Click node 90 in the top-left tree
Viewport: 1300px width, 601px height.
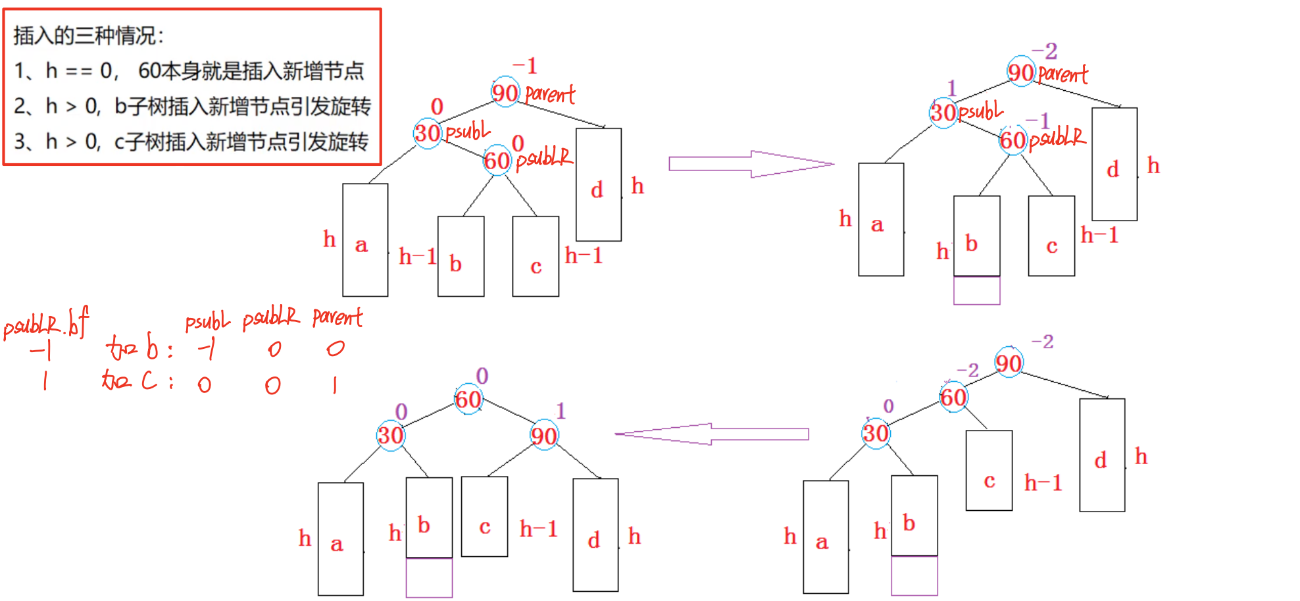click(505, 92)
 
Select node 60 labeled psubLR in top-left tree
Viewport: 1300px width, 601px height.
click(497, 160)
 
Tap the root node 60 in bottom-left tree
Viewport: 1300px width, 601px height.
click(468, 399)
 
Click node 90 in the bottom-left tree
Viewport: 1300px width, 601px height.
click(544, 435)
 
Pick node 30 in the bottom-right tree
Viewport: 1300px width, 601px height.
click(876, 433)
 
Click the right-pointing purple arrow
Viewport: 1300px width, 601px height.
click(750, 164)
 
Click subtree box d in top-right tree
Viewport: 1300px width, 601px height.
click(1114, 164)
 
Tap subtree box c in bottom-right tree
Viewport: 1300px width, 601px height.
click(989, 470)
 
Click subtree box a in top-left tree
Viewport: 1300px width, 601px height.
click(365, 240)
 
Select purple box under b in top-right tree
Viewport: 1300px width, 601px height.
click(976, 290)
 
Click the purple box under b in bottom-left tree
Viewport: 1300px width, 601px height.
click(429, 577)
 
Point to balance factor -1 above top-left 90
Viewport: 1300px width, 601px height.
click(526, 66)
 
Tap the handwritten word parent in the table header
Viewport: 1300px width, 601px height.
click(337, 318)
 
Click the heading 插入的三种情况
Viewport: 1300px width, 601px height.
click(89, 36)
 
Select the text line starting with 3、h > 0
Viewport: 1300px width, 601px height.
click(191, 142)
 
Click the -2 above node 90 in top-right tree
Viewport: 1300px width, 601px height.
click(1045, 51)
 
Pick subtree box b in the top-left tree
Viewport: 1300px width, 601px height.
click(461, 256)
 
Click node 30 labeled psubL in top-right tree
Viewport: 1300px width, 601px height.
click(943, 112)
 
